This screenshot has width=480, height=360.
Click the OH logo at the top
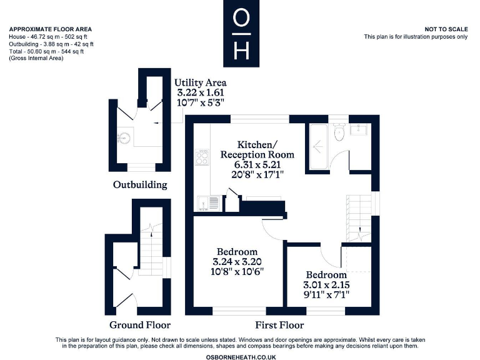point(240,34)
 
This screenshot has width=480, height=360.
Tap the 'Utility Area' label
point(200,82)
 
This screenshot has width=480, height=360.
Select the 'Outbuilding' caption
point(140,184)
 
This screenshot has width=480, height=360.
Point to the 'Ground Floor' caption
point(140,324)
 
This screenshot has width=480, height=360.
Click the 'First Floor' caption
point(279,324)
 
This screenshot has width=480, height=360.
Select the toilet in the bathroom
point(338,132)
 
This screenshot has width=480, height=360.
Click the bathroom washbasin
point(361,130)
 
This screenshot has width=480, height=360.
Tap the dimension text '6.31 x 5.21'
point(257,164)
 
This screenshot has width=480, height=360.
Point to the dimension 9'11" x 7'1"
point(326,294)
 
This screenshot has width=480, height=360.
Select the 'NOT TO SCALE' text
point(446,29)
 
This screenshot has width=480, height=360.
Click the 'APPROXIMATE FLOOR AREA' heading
point(50,29)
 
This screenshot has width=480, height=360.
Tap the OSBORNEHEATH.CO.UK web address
point(240,356)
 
